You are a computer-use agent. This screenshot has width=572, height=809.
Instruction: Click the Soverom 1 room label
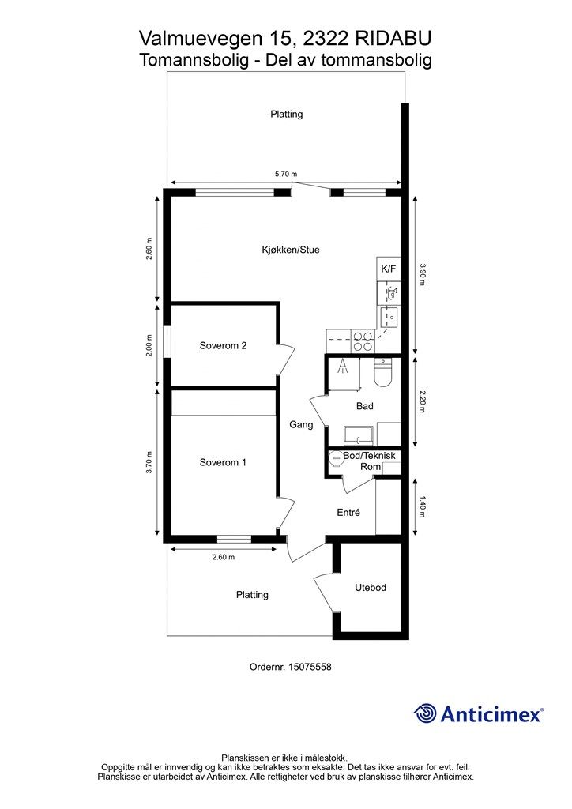[223, 462]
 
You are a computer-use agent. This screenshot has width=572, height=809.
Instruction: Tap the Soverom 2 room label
[223, 346]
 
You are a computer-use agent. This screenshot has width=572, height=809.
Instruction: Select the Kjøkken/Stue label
[291, 250]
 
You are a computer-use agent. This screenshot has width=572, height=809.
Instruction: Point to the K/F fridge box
[389, 269]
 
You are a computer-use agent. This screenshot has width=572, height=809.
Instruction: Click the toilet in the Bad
[383, 373]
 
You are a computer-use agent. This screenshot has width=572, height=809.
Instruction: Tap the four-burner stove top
[363, 341]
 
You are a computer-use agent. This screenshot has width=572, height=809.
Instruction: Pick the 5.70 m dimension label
[286, 174]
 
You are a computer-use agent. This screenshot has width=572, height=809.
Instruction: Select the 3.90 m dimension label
[423, 275]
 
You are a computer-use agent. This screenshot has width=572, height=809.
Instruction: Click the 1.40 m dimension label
[423, 507]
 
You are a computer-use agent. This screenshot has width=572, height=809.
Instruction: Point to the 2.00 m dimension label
[149, 346]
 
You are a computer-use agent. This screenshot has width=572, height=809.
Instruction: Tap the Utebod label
[371, 588]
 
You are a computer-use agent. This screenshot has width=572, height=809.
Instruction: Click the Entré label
[348, 512]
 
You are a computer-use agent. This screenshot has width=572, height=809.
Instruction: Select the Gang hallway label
[301, 424]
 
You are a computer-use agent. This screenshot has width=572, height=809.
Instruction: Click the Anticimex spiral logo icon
[425, 714]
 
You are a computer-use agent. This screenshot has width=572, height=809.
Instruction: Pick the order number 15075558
[310, 667]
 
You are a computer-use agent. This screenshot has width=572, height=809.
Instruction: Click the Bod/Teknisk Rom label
[369, 461]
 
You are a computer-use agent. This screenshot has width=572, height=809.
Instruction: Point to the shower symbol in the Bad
[341, 367]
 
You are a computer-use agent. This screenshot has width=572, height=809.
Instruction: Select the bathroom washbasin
[360, 435]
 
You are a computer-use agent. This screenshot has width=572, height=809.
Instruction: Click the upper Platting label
[287, 114]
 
